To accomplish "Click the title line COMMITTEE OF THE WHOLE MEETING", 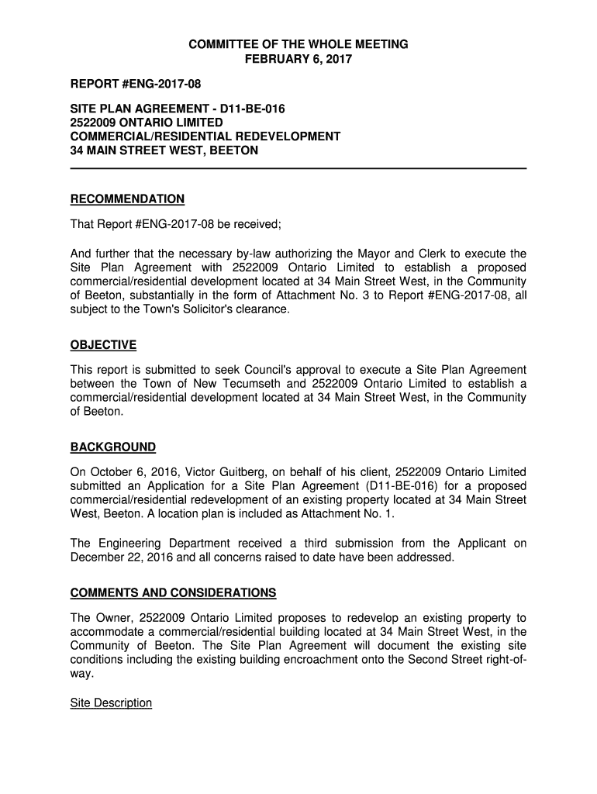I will [x=298, y=45].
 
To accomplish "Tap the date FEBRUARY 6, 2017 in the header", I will [x=298, y=59].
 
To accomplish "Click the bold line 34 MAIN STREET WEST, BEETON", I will [x=164, y=150].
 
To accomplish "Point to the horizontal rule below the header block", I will [x=298, y=167].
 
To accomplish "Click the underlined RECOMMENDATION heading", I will [x=127, y=199].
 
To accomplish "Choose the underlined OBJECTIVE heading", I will [x=103, y=345].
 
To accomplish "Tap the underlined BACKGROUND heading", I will [x=113, y=447].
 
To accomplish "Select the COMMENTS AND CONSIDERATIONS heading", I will [x=173, y=593].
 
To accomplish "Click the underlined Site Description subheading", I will [x=111, y=703].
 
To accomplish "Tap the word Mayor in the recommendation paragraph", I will [x=374, y=254].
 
